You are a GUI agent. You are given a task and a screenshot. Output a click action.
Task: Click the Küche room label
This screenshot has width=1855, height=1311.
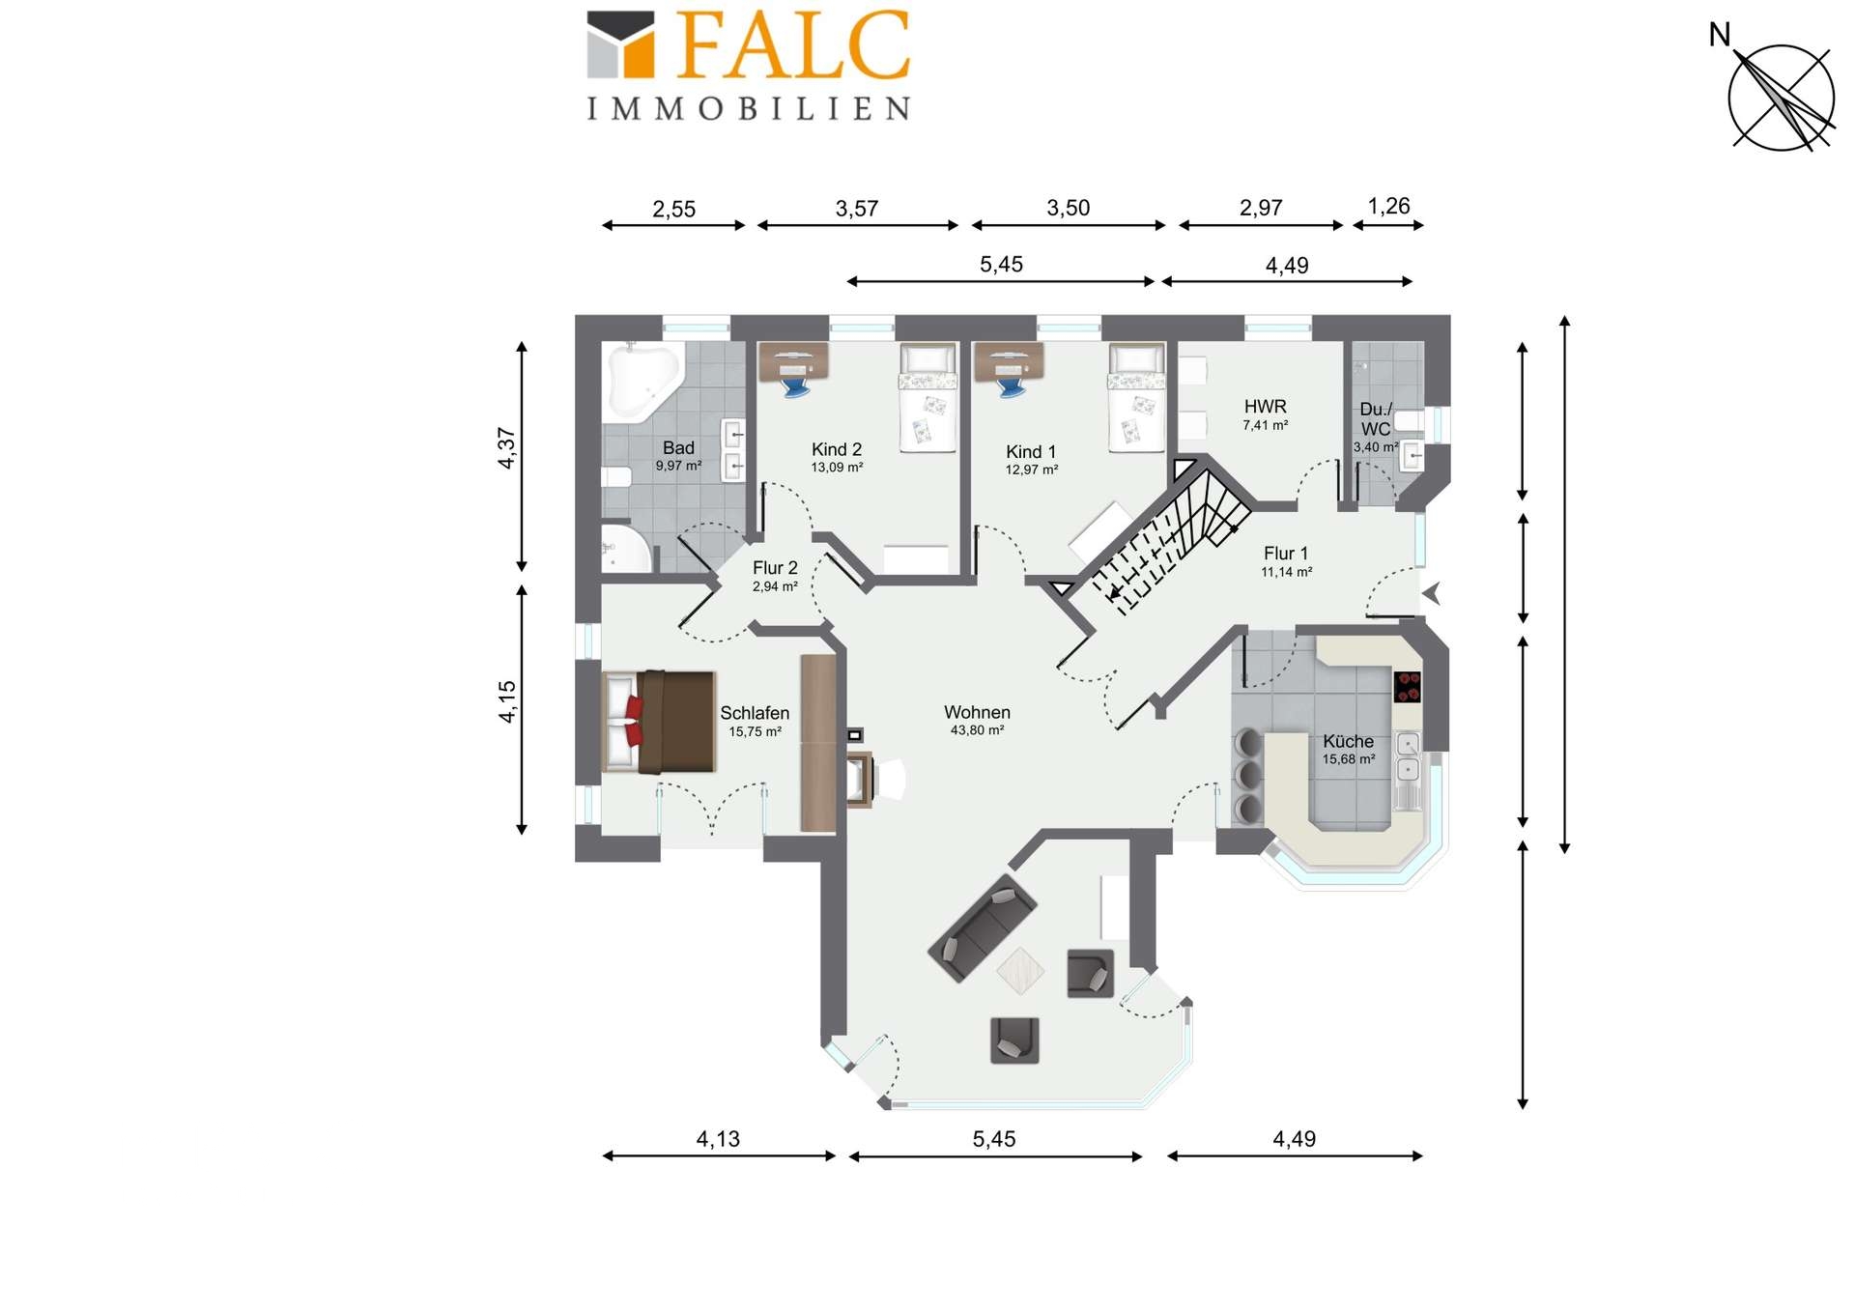1348,741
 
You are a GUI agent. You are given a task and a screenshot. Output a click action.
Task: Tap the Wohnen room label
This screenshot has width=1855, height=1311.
977,712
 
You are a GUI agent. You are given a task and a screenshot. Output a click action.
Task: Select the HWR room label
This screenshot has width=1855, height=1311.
1265,407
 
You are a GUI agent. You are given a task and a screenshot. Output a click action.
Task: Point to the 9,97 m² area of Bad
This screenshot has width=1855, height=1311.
678,466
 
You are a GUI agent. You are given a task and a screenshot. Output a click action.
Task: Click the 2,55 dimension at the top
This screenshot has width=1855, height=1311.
673,209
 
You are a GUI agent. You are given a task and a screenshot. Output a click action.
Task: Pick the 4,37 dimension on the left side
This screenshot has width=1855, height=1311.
507,448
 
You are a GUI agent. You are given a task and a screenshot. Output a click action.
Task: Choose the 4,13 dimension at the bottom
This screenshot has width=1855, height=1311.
718,1139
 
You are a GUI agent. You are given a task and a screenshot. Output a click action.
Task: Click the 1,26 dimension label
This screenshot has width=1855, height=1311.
1388,206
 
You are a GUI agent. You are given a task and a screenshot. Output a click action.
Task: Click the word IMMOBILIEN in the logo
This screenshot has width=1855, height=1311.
749,108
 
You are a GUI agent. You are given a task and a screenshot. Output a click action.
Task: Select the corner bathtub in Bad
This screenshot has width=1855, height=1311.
642,383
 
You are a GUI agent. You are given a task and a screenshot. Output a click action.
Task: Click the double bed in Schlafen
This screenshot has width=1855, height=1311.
659,722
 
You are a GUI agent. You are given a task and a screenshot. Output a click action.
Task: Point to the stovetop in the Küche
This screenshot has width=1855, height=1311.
1408,687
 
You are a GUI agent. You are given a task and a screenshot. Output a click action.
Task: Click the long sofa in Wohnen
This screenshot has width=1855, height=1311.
983,927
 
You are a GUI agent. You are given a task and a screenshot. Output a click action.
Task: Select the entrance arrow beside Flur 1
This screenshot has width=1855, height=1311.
1432,593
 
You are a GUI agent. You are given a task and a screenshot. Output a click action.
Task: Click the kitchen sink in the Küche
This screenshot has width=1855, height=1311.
1409,756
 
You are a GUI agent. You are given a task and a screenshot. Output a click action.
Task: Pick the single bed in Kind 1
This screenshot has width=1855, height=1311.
1136,398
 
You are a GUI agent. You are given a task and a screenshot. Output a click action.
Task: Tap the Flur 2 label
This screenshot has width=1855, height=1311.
775,568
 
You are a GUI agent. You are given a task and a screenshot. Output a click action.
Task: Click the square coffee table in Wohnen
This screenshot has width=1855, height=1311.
1020,971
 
